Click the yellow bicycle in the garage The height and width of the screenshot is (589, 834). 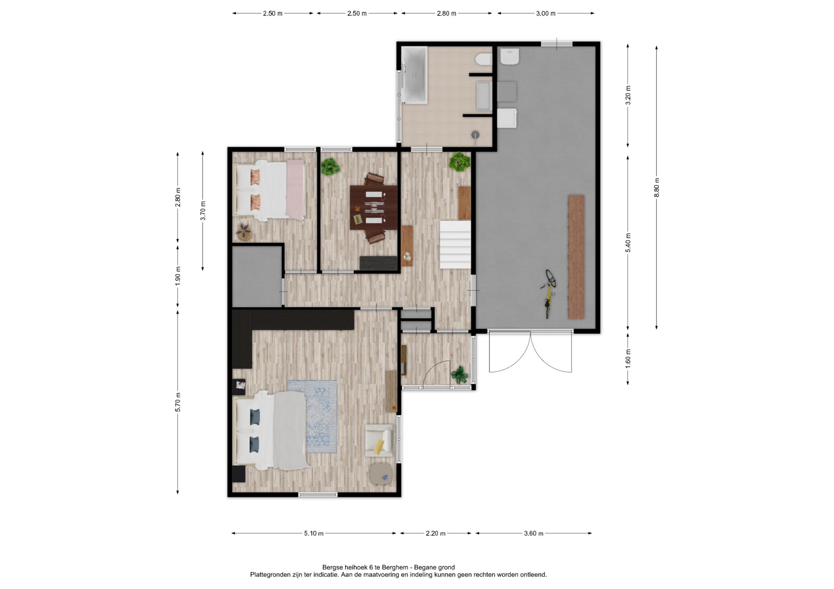(x=548, y=293)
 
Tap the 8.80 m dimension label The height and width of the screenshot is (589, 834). (x=656, y=188)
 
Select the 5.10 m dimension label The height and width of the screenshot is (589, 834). (x=314, y=533)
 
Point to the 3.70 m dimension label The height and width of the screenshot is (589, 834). (x=203, y=210)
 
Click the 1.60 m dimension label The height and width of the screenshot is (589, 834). (x=628, y=358)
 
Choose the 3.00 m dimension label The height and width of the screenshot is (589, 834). (x=546, y=13)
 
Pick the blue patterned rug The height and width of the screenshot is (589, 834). (x=312, y=416)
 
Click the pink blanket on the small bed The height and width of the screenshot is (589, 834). (x=295, y=190)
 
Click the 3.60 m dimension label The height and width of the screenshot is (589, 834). (x=533, y=533)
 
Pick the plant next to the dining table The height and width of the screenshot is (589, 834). (x=330, y=167)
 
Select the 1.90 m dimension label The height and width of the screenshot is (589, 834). (x=178, y=276)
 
